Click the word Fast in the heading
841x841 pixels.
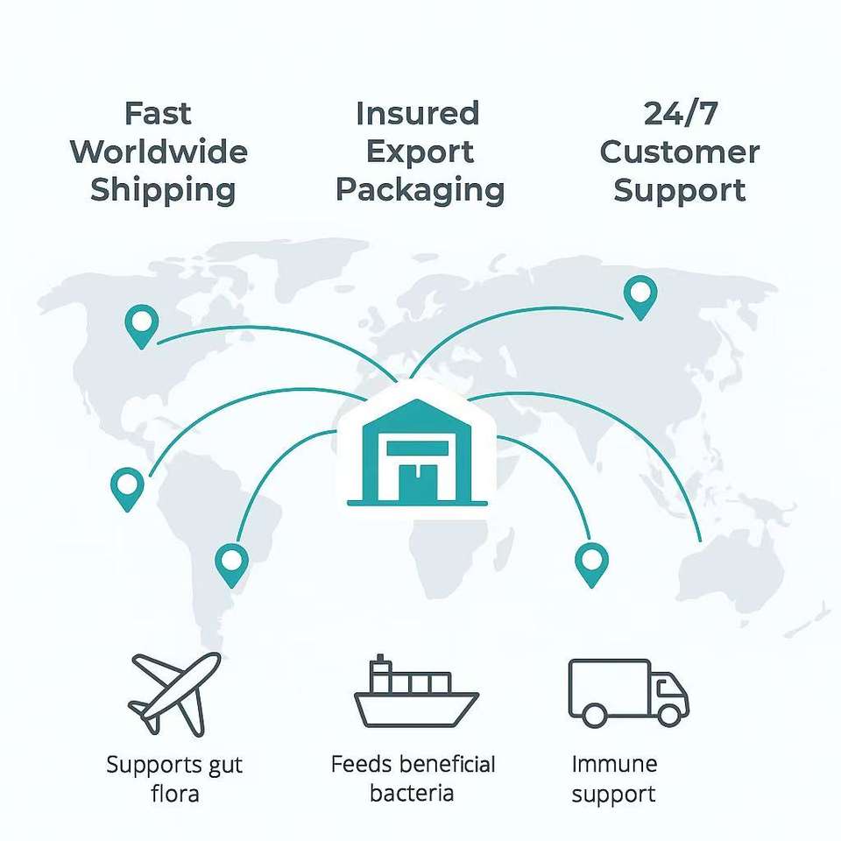(x=158, y=114)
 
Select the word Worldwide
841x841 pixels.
(x=159, y=152)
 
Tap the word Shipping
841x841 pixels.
(x=163, y=190)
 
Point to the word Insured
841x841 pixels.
(x=418, y=114)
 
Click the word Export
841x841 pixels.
(x=419, y=152)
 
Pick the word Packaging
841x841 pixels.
(x=420, y=190)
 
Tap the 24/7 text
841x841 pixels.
(x=679, y=114)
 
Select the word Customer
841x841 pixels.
(x=679, y=152)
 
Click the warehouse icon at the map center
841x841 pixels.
(x=417, y=451)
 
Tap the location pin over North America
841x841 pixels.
(x=141, y=325)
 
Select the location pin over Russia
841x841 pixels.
(x=640, y=296)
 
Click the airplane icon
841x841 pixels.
(x=175, y=692)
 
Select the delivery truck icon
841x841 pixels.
(x=628, y=692)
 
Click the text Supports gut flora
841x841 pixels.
(x=175, y=779)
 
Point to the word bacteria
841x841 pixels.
(x=412, y=795)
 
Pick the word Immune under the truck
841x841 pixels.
(x=613, y=764)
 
